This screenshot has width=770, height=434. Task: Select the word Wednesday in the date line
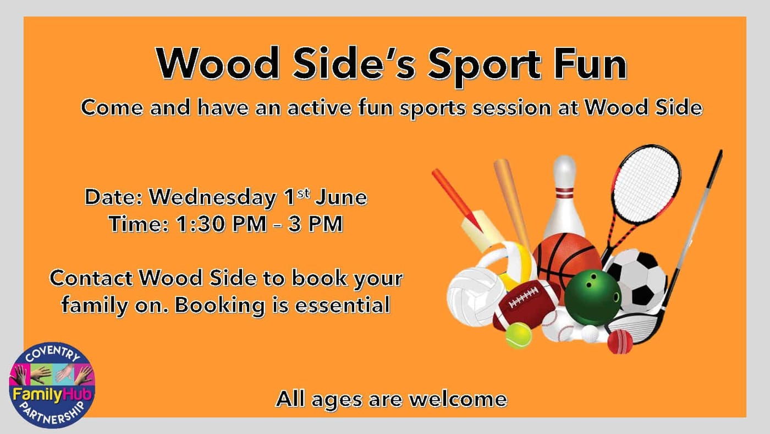point(212,198)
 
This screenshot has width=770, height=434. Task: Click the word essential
point(342,305)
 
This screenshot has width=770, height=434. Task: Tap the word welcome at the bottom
point(458,399)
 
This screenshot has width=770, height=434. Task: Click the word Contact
point(91,278)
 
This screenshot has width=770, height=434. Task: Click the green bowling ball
point(592,298)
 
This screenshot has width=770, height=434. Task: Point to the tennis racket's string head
point(646,185)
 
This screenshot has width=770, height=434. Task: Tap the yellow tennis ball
point(518,335)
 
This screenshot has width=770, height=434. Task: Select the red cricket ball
point(620,341)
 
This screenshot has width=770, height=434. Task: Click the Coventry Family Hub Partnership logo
point(52,385)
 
